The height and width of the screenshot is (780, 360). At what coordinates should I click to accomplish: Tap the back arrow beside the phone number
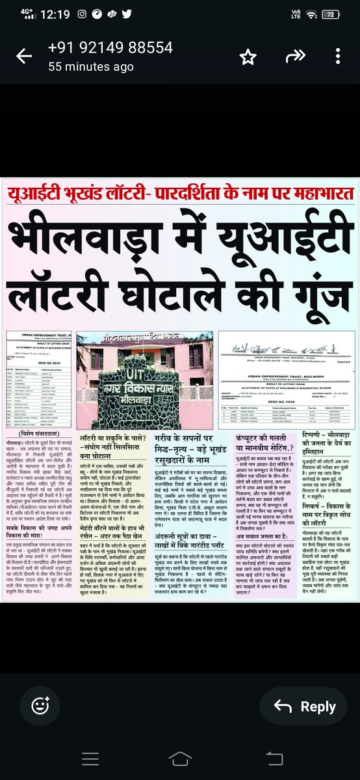click(24, 57)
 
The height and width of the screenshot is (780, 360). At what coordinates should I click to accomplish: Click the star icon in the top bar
click(248, 57)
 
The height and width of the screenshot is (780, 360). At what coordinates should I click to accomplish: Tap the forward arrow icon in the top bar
click(296, 57)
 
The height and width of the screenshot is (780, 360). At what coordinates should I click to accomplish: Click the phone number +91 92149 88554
click(110, 47)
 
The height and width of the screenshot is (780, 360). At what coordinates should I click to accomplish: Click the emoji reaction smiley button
click(40, 707)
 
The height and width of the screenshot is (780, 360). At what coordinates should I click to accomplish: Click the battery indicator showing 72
click(333, 14)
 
